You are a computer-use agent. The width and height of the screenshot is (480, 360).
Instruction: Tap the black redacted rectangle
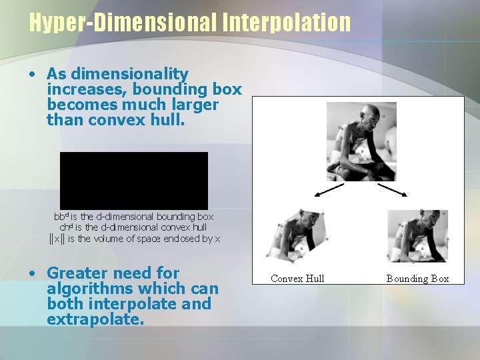(134, 181)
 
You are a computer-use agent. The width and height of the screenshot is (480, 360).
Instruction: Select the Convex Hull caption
(297, 279)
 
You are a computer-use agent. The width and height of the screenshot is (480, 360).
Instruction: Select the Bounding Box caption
(418, 279)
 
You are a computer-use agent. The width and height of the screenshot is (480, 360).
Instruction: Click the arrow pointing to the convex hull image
(328, 191)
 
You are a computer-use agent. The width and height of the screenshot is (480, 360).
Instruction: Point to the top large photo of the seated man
(361, 141)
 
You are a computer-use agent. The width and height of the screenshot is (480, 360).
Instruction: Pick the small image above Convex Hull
(299, 235)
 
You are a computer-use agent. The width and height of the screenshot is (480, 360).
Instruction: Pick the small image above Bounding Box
(418, 235)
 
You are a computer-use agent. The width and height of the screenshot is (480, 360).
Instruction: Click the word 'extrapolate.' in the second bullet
(95, 319)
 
